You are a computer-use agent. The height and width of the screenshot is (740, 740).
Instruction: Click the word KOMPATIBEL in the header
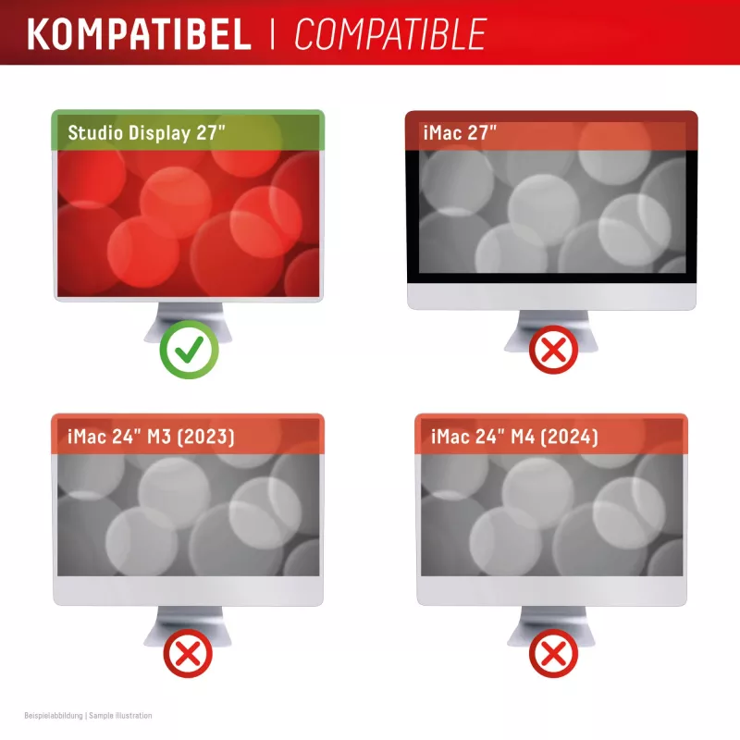tap(140, 34)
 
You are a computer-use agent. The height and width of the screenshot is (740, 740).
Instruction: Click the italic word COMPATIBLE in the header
tap(389, 34)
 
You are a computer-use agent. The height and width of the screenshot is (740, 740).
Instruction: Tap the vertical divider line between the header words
tap(272, 34)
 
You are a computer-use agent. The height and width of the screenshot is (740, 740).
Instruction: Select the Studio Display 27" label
tap(146, 133)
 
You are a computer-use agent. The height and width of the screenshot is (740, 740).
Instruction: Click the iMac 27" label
tap(460, 132)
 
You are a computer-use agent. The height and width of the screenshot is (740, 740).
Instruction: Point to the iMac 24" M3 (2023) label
tap(151, 437)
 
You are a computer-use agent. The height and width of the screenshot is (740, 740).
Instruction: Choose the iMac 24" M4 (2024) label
tap(514, 437)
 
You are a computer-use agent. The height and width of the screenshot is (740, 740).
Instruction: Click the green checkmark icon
tap(189, 350)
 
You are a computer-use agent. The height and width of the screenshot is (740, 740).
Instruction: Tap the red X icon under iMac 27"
tap(553, 350)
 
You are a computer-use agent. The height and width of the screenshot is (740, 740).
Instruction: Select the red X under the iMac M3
tap(188, 654)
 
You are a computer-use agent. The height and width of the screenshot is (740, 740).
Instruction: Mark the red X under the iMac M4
tap(553, 654)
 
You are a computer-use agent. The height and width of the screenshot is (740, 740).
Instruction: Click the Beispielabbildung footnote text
tap(54, 716)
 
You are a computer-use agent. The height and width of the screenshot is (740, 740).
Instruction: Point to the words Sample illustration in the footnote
tap(120, 716)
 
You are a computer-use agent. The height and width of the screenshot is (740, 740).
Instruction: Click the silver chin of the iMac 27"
tap(551, 296)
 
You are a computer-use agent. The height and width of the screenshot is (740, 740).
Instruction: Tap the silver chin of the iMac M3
tap(188, 591)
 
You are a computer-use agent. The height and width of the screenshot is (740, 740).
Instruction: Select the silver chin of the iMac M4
tap(551, 591)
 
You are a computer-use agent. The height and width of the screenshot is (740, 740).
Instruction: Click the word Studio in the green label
tap(95, 132)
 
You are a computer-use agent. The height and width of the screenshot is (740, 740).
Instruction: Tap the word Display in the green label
tap(159, 133)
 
